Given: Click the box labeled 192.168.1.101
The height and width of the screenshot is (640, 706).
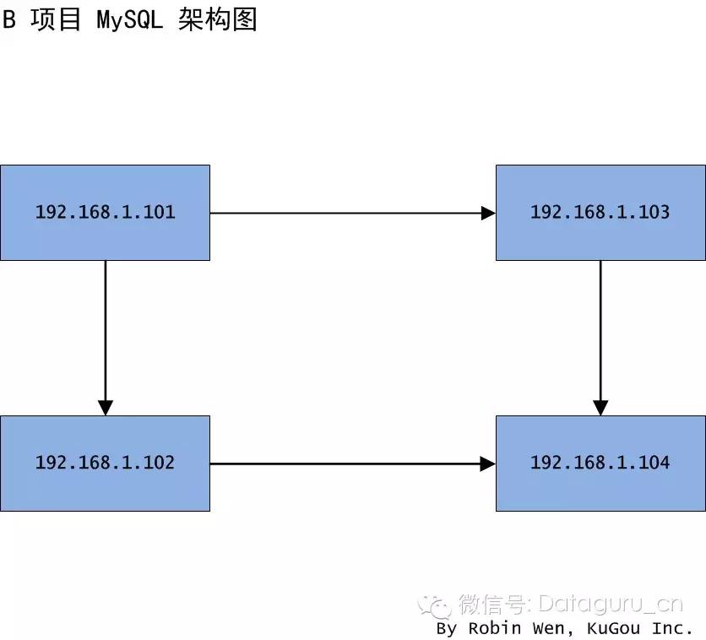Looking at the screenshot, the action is pyautogui.click(x=105, y=213).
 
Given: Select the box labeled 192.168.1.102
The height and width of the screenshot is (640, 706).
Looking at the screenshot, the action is pyautogui.click(x=105, y=464).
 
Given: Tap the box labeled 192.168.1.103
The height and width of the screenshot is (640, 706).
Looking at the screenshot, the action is pyautogui.click(x=600, y=213).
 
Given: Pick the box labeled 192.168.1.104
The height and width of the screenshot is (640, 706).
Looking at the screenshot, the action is pyautogui.click(x=600, y=464).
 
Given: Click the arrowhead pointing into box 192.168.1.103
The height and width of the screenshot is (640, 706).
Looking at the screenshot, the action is pyautogui.click(x=488, y=213).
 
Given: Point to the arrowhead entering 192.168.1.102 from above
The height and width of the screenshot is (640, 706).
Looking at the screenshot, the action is pyautogui.click(x=106, y=408).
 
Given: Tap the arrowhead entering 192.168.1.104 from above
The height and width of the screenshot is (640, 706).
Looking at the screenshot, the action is pyautogui.click(x=600, y=408).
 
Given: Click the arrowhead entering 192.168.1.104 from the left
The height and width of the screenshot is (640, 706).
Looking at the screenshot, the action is pyautogui.click(x=488, y=464).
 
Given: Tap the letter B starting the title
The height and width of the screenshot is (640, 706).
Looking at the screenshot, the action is pyautogui.click(x=9, y=19).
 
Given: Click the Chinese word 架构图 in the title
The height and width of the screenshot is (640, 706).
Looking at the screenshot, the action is pyautogui.click(x=218, y=19).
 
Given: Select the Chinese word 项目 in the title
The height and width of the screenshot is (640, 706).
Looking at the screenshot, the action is pyautogui.click(x=56, y=19).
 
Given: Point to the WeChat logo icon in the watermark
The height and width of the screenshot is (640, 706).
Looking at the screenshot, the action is pyautogui.click(x=435, y=605).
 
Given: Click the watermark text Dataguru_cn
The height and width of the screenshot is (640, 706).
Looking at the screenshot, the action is pyautogui.click(x=611, y=605).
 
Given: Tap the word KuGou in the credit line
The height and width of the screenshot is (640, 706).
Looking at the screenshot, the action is pyautogui.click(x=613, y=627).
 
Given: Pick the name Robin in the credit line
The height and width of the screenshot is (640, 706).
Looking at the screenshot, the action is pyautogui.click(x=495, y=627).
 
